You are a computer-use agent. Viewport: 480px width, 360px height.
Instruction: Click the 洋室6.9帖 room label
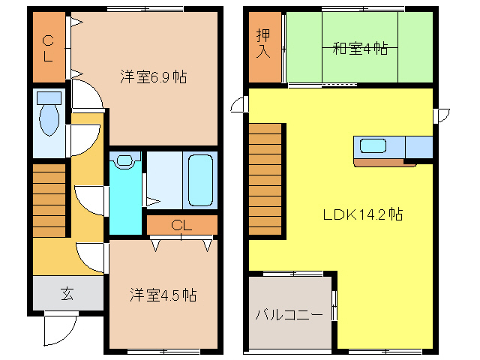153,76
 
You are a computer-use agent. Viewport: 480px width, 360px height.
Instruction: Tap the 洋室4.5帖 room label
162,295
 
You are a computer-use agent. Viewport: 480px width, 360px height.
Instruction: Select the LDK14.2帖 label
363,214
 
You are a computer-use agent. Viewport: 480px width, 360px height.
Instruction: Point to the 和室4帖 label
360,49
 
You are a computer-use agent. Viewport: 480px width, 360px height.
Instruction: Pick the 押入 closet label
263,43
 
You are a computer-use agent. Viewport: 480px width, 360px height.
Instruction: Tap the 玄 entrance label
67,293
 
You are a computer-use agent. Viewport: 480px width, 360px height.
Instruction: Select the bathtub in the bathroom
201,180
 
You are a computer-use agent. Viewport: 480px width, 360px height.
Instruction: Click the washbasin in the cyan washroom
124,160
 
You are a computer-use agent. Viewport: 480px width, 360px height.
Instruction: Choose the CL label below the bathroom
181,225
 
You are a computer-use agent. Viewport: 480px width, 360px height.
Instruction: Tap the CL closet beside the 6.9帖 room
48,48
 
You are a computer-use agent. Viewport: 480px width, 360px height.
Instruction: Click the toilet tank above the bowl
49,98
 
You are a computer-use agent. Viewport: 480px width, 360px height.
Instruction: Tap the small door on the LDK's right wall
442,115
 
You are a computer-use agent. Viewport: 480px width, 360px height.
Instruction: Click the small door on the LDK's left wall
239,105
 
